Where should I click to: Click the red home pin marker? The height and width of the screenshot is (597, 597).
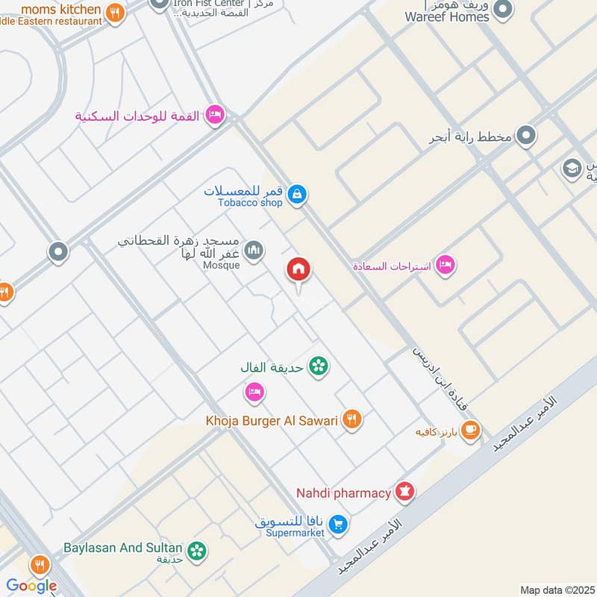click(x=299, y=269)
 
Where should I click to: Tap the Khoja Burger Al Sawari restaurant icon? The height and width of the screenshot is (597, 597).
click(x=353, y=420)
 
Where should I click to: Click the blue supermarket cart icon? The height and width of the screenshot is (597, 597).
click(x=339, y=525)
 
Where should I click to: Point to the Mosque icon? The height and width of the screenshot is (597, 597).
click(x=254, y=249)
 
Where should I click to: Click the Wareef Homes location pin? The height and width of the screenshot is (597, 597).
click(x=504, y=9)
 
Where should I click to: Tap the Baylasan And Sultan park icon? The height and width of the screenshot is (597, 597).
click(x=197, y=551)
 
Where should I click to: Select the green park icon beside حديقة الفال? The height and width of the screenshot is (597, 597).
click(x=319, y=366)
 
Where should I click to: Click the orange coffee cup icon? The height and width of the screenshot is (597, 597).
click(x=470, y=429)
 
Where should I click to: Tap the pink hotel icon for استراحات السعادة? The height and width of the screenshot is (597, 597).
click(x=446, y=265)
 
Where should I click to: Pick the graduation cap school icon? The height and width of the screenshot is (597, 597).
click(x=572, y=168)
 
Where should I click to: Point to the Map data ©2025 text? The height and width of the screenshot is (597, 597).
click(x=556, y=590)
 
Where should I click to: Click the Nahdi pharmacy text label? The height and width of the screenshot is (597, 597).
click(x=343, y=493)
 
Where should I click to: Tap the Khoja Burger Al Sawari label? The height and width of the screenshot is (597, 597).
click(x=272, y=420)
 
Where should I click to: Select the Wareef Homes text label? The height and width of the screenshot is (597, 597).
click(x=448, y=16)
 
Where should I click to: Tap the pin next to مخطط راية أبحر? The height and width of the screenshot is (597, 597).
click(x=527, y=136)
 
